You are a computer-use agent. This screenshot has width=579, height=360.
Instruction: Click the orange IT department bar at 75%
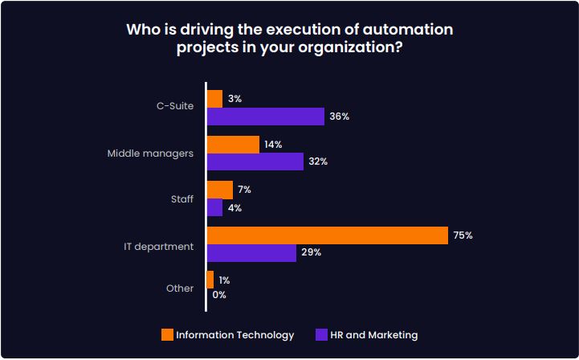327,235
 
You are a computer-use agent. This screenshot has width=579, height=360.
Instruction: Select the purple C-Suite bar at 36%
266,117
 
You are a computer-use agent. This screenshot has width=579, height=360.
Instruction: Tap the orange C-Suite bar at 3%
214,99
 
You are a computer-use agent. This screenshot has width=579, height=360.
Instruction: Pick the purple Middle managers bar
255,162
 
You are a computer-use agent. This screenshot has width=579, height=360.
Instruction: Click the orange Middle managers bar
233,144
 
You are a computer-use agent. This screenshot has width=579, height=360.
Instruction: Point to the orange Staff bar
220,190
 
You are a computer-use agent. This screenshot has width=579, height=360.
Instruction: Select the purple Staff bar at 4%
214,207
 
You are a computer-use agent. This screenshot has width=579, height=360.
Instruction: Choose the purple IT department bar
251,252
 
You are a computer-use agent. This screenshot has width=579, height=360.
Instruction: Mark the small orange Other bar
210,280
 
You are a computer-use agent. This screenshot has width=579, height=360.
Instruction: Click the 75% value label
463,235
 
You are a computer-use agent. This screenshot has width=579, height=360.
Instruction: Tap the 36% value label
339,117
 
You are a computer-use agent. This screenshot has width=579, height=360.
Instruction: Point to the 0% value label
219,295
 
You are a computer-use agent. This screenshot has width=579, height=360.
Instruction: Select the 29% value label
312,252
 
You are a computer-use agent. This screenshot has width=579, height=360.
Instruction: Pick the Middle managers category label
150,153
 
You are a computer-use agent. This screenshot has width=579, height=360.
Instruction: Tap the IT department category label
158,246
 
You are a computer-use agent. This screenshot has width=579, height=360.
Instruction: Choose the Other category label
180,288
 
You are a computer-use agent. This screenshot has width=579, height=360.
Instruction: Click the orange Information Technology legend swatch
167,335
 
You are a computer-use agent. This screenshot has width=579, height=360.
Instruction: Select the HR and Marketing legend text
373,335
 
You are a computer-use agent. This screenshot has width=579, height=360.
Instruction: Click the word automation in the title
407,30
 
